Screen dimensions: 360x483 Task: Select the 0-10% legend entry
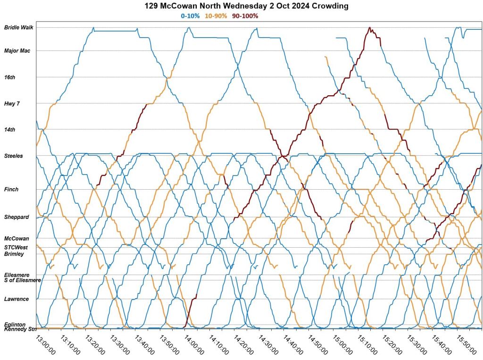[x=190, y=16]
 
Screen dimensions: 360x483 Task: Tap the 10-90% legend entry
[x=216, y=16]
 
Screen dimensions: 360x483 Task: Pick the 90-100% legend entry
[x=245, y=16]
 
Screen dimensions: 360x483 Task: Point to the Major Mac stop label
[x=17, y=50]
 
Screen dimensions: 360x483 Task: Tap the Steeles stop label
[x=13, y=156]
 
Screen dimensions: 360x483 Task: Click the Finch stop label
[x=11, y=189]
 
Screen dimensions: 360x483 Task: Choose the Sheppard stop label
[x=17, y=217]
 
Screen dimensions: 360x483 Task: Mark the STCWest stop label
[x=16, y=247]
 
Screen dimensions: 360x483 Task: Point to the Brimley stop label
[x=14, y=254]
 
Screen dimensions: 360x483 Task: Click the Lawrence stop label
[x=16, y=299]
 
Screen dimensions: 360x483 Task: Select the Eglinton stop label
[x=15, y=324]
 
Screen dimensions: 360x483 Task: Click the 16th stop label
[x=9, y=77]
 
